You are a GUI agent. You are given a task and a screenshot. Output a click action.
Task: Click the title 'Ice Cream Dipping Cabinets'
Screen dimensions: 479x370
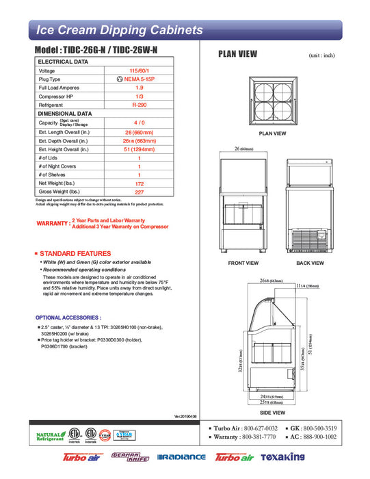tap(119, 30)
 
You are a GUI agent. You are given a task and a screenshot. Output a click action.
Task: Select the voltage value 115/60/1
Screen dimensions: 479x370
tap(139, 70)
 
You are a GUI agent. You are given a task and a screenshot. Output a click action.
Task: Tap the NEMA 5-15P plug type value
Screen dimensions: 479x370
tap(139, 79)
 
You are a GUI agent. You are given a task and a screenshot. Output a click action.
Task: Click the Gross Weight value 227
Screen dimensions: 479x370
tap(139, 192)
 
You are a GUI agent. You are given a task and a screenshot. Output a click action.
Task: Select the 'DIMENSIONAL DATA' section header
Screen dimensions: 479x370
tap(65, 114)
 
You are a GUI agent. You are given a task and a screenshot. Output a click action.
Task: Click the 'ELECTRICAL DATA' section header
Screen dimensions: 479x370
tap(63, 62)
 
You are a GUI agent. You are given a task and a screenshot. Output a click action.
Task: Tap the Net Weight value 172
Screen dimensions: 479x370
tap(139, 183)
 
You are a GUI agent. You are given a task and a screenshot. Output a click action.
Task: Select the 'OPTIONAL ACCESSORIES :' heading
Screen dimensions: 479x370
tap(68, 318)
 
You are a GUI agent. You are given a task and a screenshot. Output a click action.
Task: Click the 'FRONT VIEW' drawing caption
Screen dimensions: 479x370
tap(243, 263)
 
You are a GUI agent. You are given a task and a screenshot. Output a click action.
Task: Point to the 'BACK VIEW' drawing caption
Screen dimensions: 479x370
tap(309, 263)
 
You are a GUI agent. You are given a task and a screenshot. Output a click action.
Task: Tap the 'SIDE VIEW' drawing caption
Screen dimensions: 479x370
tap(272, 413)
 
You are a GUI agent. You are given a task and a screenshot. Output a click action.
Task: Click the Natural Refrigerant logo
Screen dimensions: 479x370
tap(50, 436)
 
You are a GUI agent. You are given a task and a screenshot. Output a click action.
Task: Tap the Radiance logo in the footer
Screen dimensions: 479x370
tap(181, 457)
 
